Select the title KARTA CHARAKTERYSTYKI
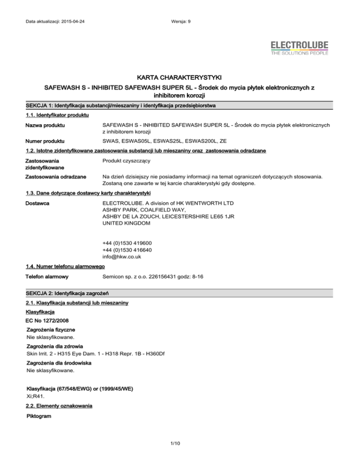[x=180, y=76]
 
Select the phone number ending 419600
[x=127, y=243]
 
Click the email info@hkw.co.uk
[x=122, y=257]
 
